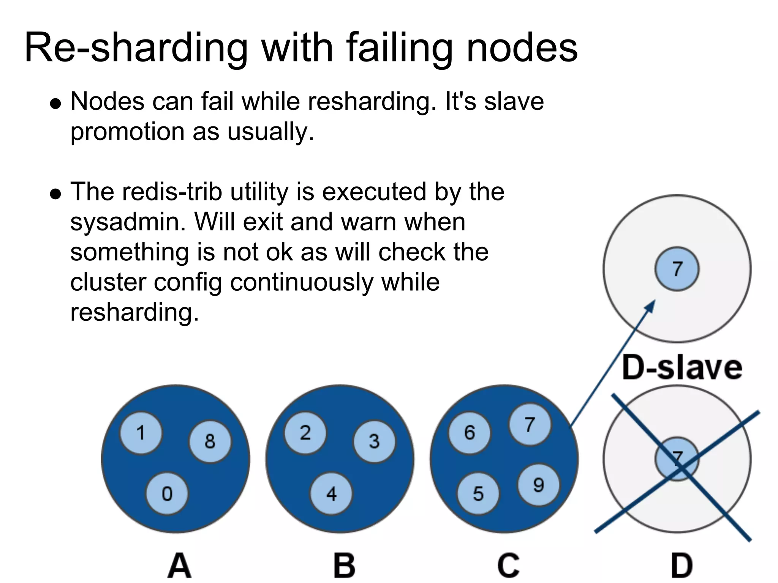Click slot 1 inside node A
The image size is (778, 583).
click(x=141, y=433)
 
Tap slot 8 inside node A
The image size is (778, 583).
click(x=210, y=441)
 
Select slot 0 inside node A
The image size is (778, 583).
click(x=167, y=493)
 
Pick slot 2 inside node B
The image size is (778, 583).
click(x=305, y=433)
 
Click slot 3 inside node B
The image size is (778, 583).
click(x=374, y=441)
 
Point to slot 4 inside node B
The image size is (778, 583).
click(x=331, y=493)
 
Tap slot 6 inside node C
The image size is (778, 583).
click(x=470, y=433)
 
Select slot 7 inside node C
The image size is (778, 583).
click(x=530, y=424)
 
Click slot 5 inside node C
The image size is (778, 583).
click(x=478, y=493)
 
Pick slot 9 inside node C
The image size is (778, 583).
click(x=539, y=485)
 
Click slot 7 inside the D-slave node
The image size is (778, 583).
click(x=677, y=269)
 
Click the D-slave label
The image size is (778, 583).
click(x=682, y=368)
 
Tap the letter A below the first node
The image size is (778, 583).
click(x=179, y=565)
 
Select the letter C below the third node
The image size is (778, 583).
click(x=508, y=565)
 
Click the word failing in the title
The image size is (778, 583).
click(x=399, y=49)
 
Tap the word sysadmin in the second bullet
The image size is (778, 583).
click(x=128, y=222)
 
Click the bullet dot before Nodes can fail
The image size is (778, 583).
click(x=55, y=104)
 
